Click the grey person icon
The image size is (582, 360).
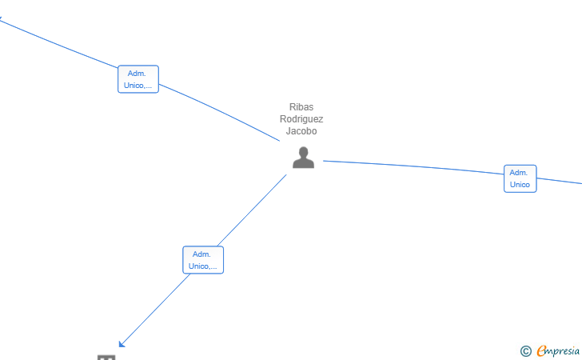(x=303, y=158)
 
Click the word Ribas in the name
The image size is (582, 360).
(x=301, y=107)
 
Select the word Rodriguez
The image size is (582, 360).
(x=301, y=119)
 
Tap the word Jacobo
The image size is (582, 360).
(x=301, y=131)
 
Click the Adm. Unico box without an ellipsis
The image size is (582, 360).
(x=520, y=178)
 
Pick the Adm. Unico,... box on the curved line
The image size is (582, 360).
(x=138, y=79)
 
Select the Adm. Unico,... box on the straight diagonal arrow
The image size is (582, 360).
(x=203, y=260)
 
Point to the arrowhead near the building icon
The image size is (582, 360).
(x=122, y=344)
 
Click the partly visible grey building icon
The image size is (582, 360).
(x=106, y=358)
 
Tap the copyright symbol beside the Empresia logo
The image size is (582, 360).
(x=526, y=351)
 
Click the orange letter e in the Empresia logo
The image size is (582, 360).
(x=541, y=350)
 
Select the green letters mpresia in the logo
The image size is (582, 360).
(x=563, y=351)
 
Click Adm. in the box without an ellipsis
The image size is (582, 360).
(x=519, y=173)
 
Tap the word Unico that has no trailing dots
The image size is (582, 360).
(x=520, y=185)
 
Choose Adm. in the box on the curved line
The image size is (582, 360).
(x=137, y=74)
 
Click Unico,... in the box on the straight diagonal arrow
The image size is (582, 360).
(x=203, y=266)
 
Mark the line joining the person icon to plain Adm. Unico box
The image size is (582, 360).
(x=413, y=166)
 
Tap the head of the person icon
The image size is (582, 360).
(x=304, y=152)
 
